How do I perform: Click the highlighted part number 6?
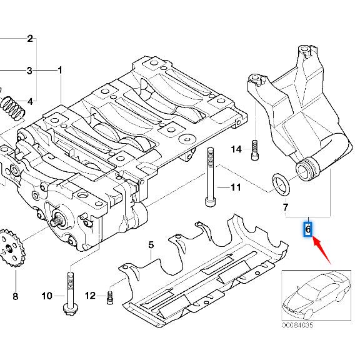307,229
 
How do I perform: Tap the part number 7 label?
286,207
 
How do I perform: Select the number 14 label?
236,149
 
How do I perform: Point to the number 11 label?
235,187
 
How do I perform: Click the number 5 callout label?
150,246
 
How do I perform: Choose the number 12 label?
91,296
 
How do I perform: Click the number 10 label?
47,296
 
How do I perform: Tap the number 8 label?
15,296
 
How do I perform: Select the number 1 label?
60,71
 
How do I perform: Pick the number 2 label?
29,39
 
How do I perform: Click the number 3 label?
29,71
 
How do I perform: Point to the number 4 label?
29,101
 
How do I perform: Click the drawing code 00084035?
299,325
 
